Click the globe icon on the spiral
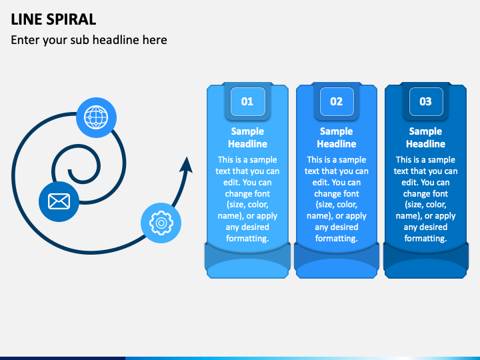(x=96, y=117)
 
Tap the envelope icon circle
(x=59, y=202)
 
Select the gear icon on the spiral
(x=161, y=223)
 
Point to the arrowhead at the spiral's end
(x=187, y=165)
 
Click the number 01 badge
(x=247, y=101)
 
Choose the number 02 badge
(x=337, y=101)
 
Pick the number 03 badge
(x=426, y=101)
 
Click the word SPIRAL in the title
(x=71, y=19)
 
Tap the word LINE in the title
(x=27, y=19)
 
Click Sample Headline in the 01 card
(x=247, y=137)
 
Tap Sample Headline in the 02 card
(x=337, y=137)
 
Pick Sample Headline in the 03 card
(x=426, y=137)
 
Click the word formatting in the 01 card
(x=247, y=239)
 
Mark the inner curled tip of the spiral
(x=70, y=171)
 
